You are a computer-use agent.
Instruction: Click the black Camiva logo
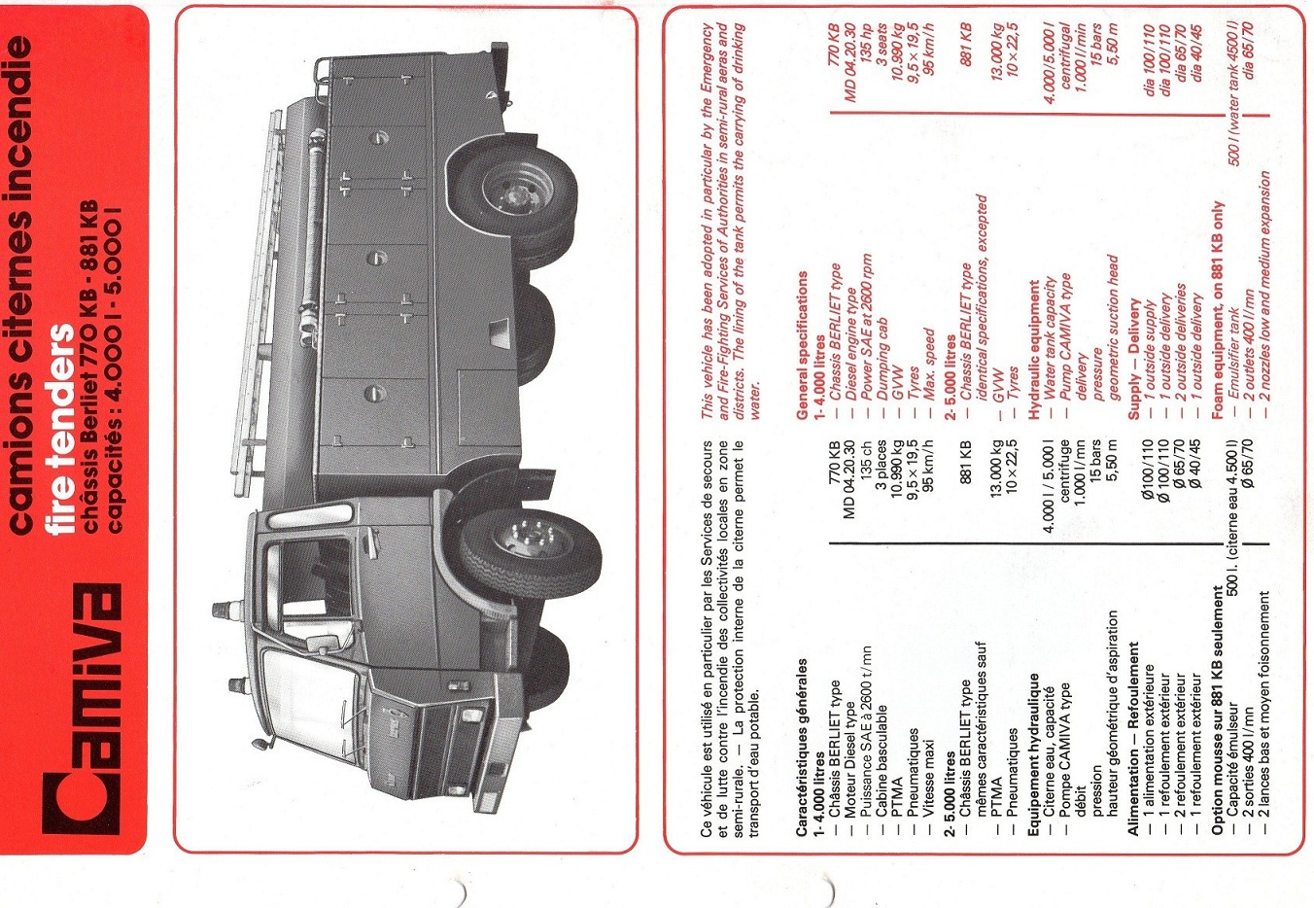click(81, 709)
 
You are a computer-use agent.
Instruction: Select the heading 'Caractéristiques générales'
click(802, 746)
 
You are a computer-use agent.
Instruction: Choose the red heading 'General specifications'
click(802, 344)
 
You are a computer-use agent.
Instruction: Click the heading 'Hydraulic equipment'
click(1034, 349)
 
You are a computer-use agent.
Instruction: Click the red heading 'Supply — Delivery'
click(1133, 359)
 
